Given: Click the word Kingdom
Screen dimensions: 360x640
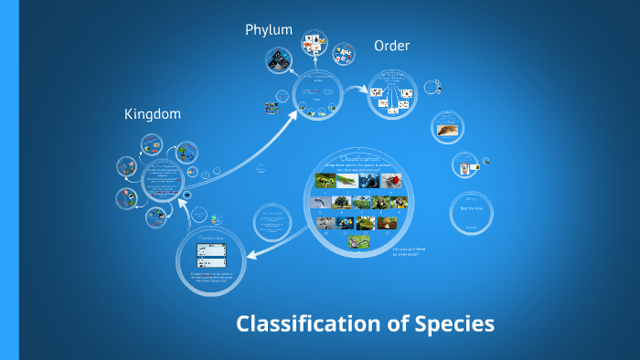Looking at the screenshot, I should tap(153, 114).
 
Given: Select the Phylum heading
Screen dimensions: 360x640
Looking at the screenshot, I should tap(269, 30).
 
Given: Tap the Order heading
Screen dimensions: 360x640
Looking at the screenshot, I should tap(391, 46).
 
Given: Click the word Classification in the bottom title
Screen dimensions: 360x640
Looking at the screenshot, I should tap(310, 323).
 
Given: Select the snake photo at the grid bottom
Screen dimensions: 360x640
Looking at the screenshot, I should tap(358, 241).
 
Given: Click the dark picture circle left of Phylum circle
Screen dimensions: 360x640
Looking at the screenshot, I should tap(278, 60).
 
